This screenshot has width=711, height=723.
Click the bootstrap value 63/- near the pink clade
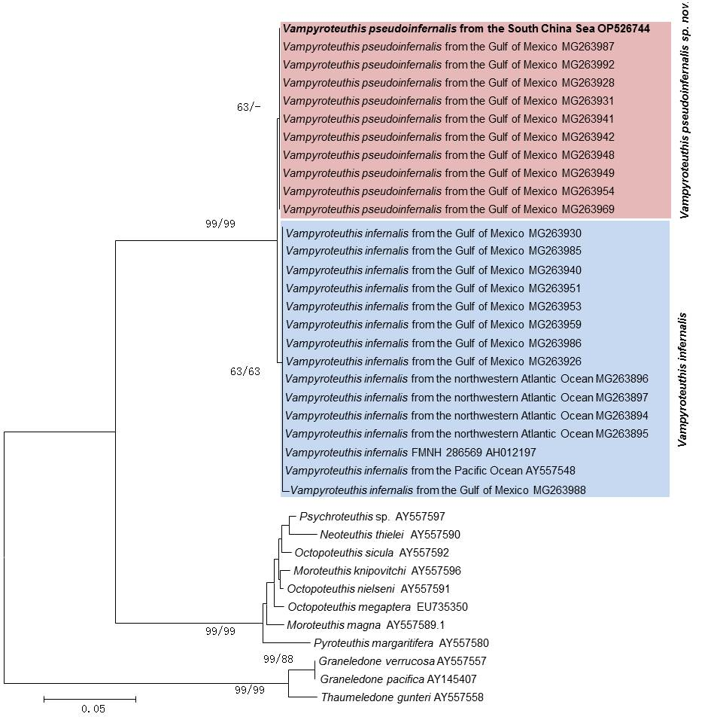pos(248,107)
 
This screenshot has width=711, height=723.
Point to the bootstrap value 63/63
pos(245,371)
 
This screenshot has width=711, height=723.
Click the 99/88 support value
pos(278,660)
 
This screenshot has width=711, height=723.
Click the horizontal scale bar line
pos(90,699)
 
